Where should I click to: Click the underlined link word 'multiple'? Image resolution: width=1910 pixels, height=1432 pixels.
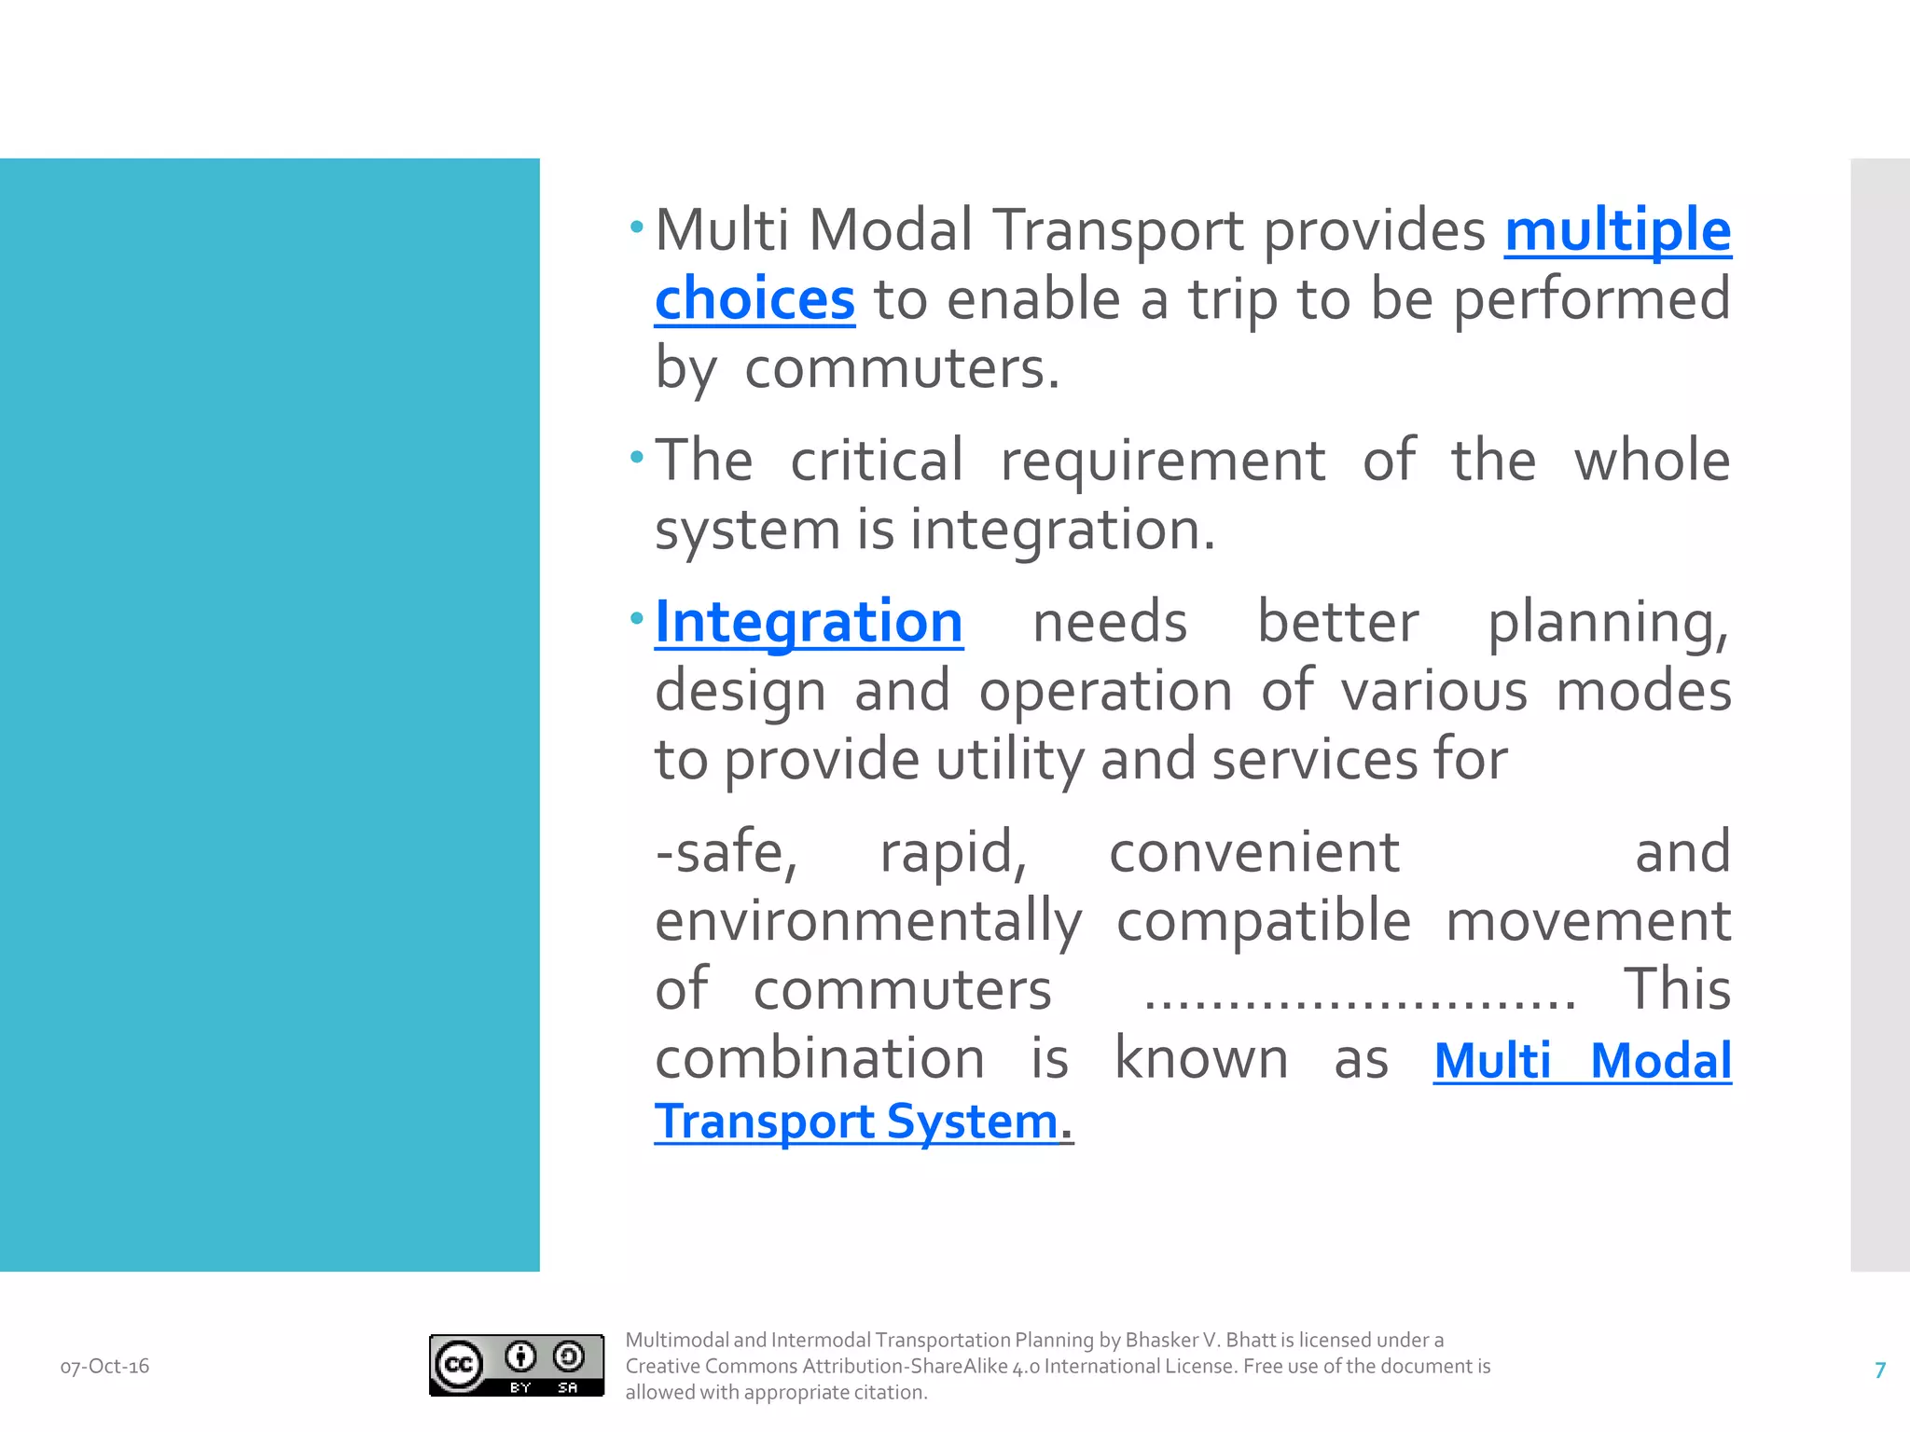point(1617,230)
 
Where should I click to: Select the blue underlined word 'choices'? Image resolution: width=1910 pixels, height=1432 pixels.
point(754,299)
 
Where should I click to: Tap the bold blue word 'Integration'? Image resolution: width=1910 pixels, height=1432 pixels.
point(809,622)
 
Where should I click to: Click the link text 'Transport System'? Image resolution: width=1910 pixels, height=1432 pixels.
point(856,1122)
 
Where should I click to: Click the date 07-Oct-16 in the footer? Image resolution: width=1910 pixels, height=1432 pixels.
point(104,1367)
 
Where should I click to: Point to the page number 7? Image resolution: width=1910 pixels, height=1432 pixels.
point(1880,1370)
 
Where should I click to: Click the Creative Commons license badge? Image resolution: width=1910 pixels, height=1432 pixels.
point(516,1366)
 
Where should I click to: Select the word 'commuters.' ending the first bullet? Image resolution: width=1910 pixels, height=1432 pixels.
point(902,368)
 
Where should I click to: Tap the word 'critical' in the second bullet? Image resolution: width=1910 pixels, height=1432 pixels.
point(877,461)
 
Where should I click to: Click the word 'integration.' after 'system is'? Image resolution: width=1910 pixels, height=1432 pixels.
point(1062,530)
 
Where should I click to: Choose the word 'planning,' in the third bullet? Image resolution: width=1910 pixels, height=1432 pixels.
point(1608,622)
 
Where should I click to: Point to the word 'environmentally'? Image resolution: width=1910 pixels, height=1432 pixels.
point(868,921)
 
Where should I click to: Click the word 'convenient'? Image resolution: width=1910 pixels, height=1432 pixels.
point(1253,852)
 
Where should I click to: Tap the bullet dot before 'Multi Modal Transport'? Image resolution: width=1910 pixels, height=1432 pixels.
point(637,227)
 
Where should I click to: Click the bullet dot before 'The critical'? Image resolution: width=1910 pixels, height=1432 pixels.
point(637,458)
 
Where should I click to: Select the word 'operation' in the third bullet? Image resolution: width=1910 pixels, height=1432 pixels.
point(1105,691)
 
